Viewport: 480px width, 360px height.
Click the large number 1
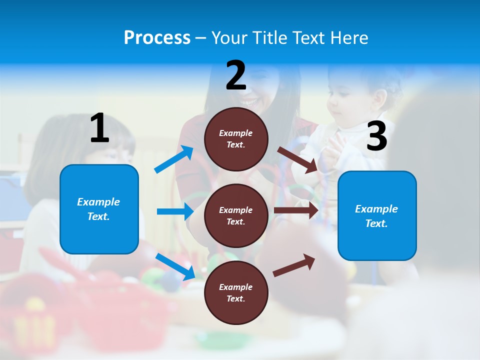99,128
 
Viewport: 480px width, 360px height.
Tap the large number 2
236,75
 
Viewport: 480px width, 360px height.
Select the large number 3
377,136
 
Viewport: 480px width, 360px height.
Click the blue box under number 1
99,209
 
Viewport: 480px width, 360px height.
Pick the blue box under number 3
377,215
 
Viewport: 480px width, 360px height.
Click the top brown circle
236,138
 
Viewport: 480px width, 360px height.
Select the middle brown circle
236,215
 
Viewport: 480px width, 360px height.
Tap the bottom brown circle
236,292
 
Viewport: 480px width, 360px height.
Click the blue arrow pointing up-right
174,159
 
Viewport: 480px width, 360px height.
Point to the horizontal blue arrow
175,211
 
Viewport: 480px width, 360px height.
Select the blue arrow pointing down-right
175,266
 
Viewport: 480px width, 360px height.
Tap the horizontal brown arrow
296,210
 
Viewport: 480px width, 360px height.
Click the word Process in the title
157,37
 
